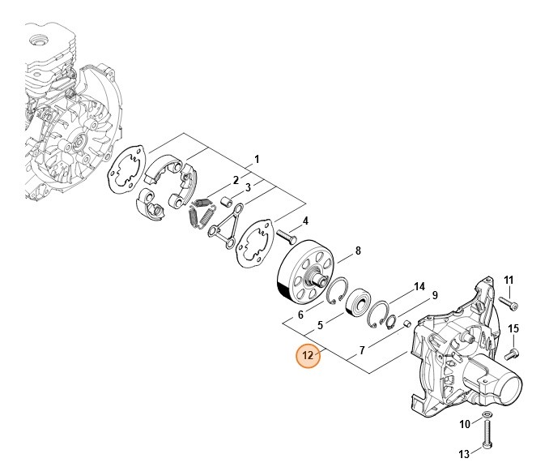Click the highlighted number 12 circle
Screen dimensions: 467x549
pyautogui.click(x=308, y=355)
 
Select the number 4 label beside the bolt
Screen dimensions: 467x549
pyautogui.click(x=305, y=221)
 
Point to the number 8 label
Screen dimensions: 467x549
pyautogui.click(x=358, y=251)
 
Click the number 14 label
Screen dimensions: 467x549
pyautogui.click(x=419, y=287)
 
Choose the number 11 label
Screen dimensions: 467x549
pyautogui.click(x=509, y=281)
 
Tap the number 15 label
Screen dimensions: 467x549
pyautogui.click(x=513, y=328)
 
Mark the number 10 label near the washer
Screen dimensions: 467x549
pyautogui.click(x=464, y=424)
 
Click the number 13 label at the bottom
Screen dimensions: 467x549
pyautogui.click(x=464, y=453)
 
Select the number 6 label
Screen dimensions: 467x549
pyautogui.click(x=300, y=315)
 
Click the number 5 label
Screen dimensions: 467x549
pyautogui.click(x=321, y=325)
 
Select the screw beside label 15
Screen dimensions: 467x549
pyautogui.click(x=513, y=353)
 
